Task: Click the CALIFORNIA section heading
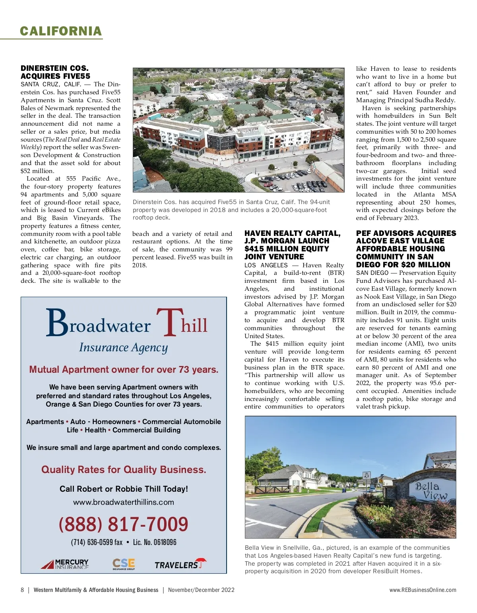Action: point(61,31)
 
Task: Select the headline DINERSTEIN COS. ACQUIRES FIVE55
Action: point(55,72)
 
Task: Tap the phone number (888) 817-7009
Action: point(123,524)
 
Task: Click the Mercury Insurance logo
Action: point(65,564)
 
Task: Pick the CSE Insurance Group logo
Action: point(124,564)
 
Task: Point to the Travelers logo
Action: point(180,564)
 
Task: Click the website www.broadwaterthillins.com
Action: point(123,502)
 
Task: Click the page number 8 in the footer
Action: point(22,590)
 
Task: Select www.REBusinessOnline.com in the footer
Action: point(423,590)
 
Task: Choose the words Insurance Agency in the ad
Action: point(123,347)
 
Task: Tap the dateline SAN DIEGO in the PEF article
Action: point(372,273)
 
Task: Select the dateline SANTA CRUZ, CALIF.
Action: point(51,84)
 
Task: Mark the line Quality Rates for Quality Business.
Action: point(124,469)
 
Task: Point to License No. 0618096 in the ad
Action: point(155,542)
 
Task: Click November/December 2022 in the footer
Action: point(201,590)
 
